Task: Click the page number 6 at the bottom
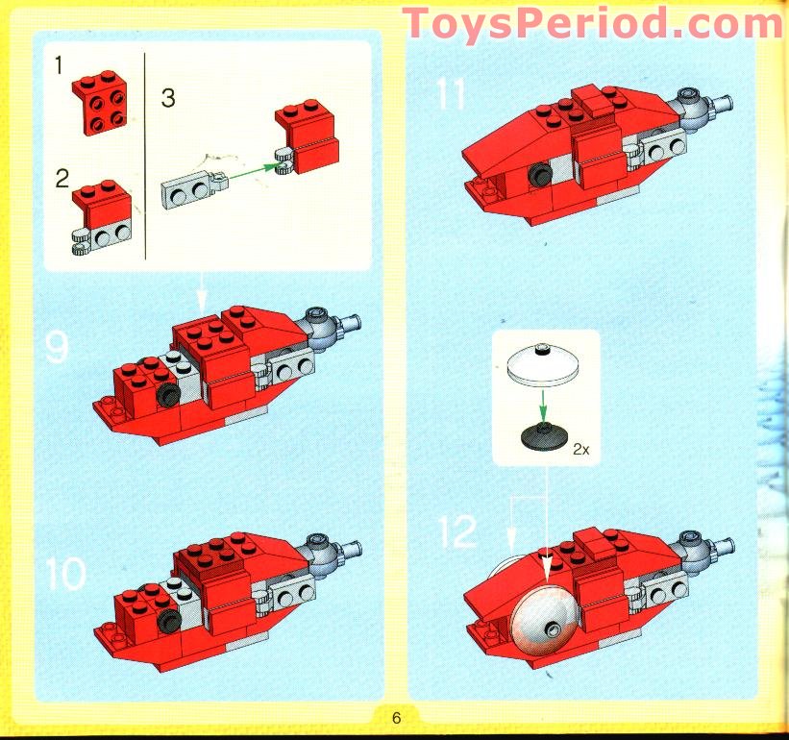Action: point(395,718)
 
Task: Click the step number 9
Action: point(57,347)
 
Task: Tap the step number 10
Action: point(65,574)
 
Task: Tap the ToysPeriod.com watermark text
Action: point(592,21)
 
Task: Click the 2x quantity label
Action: point(580,449)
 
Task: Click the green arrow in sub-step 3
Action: point(252,175)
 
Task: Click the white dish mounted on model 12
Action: point(545,624)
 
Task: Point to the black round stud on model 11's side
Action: point(537,175)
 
